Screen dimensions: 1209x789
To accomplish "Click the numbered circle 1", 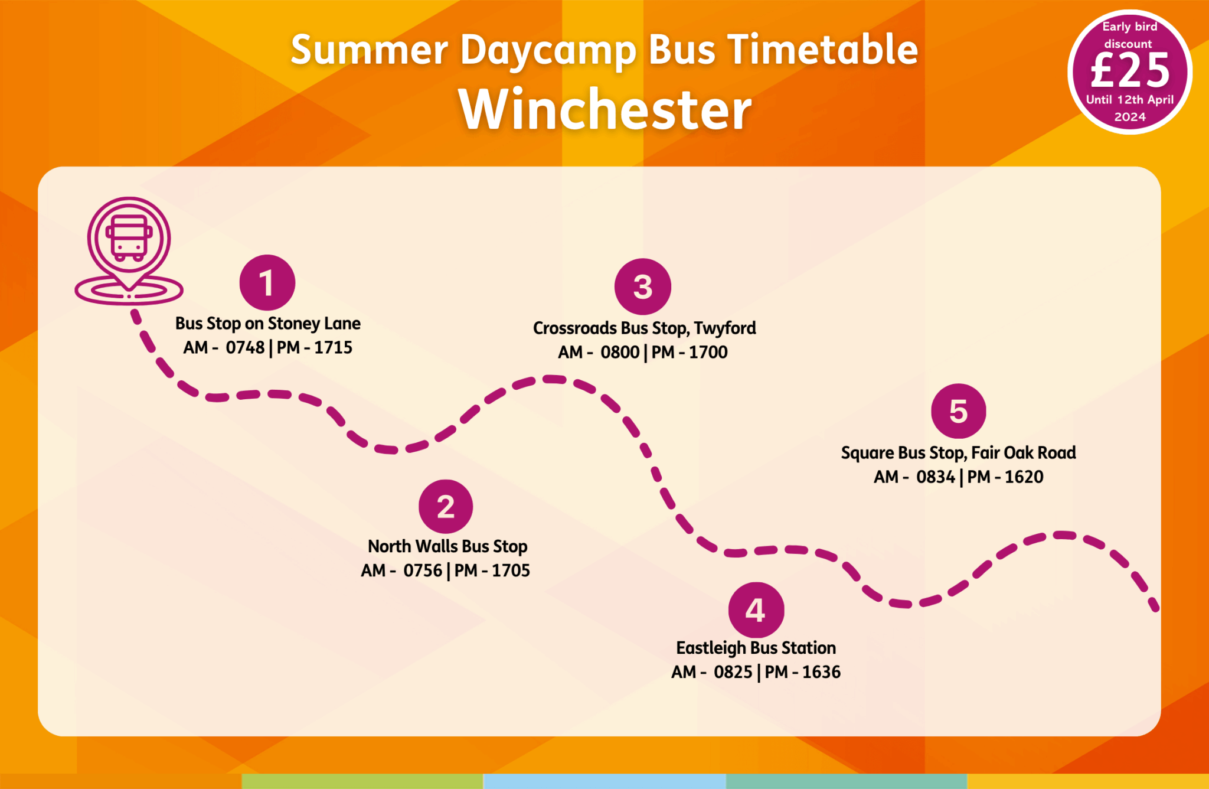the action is pos(267,282).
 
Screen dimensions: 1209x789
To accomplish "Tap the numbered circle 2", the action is pos(446,506).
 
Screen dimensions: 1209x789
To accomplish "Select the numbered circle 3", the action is pos(642,286).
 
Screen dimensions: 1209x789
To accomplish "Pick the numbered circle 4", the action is pos(756,609).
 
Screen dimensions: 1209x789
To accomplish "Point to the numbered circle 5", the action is pos(958,410).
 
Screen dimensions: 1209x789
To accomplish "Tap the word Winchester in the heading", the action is pos(605,109).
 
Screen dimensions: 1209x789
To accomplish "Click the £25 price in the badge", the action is pos(1130,70).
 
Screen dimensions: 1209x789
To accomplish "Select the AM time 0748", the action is pos(245,347).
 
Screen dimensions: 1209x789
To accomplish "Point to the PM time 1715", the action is pos(333,347).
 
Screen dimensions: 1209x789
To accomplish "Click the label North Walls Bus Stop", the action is pos(447,546).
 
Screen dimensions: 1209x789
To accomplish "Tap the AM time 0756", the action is pos(423,570).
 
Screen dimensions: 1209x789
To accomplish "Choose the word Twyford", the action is pos(725,328).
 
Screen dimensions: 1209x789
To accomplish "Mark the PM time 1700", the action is pos(708,352).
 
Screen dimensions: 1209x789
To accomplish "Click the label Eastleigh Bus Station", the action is pos(756,648).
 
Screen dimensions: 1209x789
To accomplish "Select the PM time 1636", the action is pos(821,672).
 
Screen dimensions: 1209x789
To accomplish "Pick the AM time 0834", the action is pos(936,477).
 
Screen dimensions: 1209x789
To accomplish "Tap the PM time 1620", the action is pos(1024,477).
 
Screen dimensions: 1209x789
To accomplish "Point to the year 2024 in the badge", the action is pos(1130,117).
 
